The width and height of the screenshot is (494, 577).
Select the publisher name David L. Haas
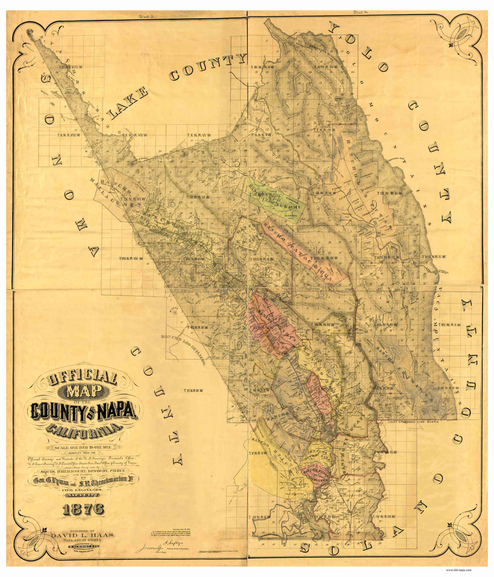pyautogui.click(x=83, y=535)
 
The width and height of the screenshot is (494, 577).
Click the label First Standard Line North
pyautogui.click(x=410, y=422)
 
